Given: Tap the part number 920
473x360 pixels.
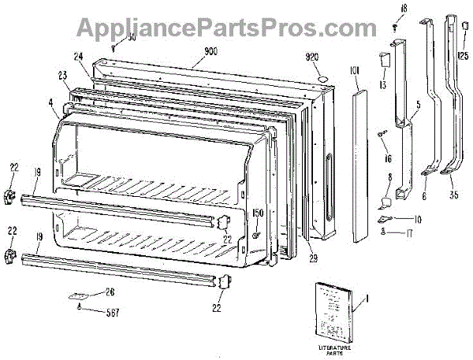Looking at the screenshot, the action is coord(313,58).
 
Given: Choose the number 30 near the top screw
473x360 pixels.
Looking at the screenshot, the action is coord(131,38).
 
